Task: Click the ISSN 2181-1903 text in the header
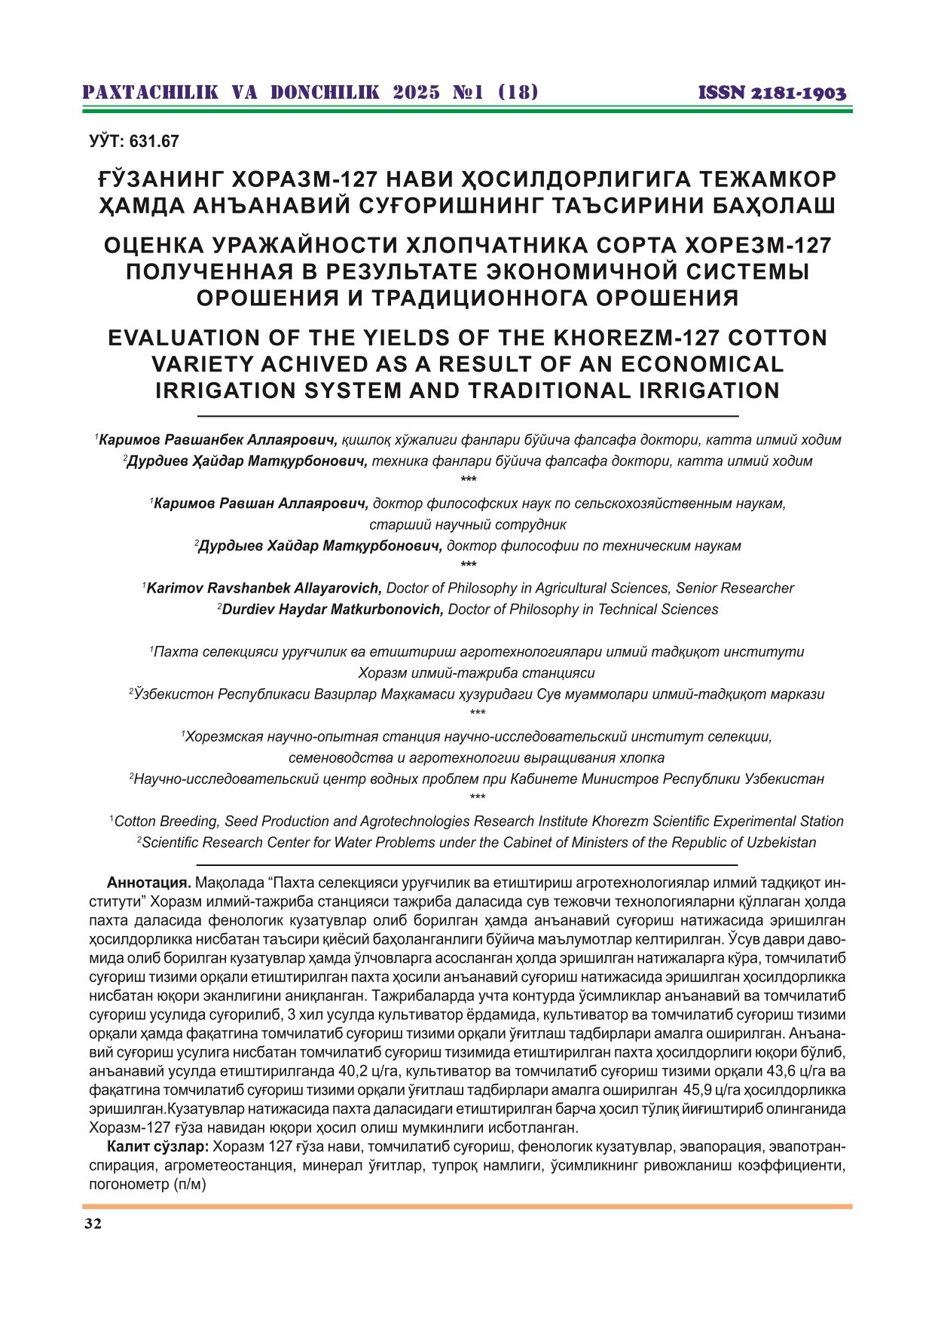tap(772, 93)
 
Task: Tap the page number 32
tap(93, 1223)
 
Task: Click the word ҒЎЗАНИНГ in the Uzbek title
tap(158, 179)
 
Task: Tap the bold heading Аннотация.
tap(149, 883)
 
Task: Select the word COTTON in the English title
tap(783, 338)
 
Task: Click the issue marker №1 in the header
tap(468, 93)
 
